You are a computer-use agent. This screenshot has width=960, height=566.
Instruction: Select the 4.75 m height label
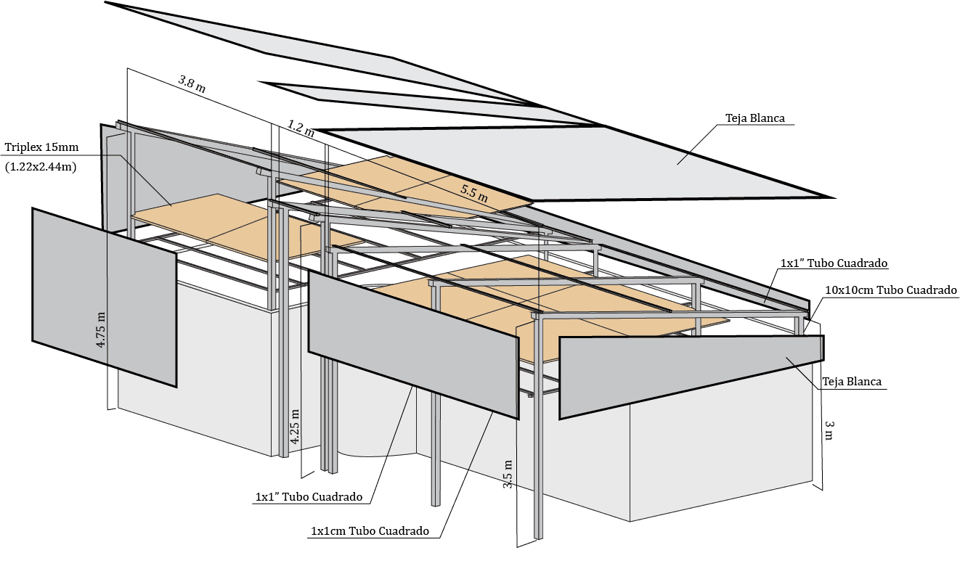(101, 330)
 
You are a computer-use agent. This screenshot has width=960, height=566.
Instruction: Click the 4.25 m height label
(295, 427)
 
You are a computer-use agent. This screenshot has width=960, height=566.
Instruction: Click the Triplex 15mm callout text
(41, 148)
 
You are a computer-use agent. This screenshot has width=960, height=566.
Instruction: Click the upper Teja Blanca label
(754, 118)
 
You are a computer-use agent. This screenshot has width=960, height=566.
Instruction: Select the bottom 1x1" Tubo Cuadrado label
(309, 497)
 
